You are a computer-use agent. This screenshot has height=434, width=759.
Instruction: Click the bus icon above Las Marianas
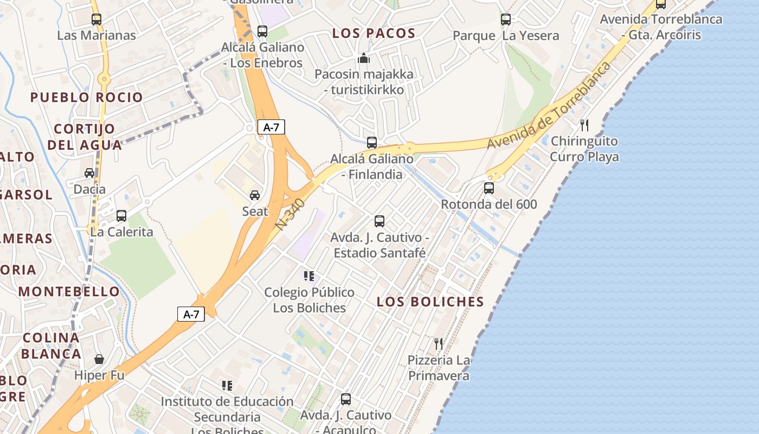(x=97, y=20)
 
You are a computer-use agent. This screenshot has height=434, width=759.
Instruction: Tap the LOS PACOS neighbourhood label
(x=374, y=33)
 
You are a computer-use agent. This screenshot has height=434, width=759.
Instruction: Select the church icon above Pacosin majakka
(x=364, y=58)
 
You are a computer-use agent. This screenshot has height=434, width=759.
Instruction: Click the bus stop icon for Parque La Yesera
(x=506, y=20)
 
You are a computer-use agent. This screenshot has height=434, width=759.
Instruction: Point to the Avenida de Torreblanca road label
(x=549, y=105)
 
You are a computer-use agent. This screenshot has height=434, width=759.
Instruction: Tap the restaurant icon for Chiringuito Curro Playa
(x=584, y=125)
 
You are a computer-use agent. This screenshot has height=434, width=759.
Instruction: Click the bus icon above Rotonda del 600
(x=489, y=188)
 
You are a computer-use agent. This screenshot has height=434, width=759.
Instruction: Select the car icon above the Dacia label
(x=89, y=173)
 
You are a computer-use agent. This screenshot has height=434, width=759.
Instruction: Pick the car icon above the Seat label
(x=255, y=195)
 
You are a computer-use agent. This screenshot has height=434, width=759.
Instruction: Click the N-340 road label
(x=291, y=214)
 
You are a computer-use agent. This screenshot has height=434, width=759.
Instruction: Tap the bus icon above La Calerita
(x=121, y=215)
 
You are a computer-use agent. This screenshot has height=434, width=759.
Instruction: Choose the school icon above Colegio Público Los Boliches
(x=309, y=276)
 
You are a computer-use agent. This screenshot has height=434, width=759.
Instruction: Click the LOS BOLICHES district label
(x=430, y=302)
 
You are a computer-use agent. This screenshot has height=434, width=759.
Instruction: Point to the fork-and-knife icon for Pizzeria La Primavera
(x=439, y=343)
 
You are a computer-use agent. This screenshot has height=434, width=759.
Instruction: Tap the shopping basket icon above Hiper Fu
(x=99, y=359)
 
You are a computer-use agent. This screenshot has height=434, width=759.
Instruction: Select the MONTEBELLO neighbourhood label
(x=69, y=291)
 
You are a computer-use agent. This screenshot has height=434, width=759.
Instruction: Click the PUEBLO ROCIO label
(x=87, y=98)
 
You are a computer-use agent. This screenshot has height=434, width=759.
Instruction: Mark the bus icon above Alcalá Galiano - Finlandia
(x=372, y=143)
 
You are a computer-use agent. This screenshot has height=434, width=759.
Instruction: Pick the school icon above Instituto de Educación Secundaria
(x=227, y=386)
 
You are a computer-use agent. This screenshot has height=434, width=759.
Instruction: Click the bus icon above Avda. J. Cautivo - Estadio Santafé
(x=379, y=221)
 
